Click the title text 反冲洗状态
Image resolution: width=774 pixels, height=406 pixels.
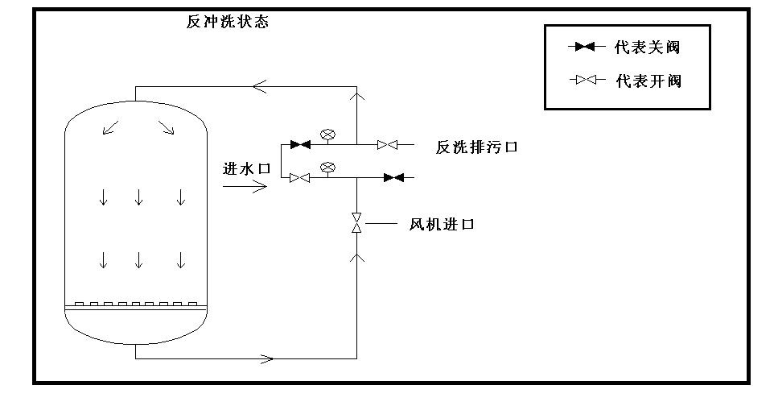pyautogui.click(x=228, y=22)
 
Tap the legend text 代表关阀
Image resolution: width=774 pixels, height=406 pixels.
pyautogui.click(x=647, y=47)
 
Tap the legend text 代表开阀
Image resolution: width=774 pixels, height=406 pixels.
pyautogui.click(x=648, y=81)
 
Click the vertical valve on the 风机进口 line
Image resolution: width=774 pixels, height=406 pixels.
pyautogui.click(x=356, y=223)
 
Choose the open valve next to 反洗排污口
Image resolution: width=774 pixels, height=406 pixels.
pyautogui.click(x=388, y=145)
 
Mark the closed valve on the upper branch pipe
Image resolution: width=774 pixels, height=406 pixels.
pyautogui.click(x=300, y=145)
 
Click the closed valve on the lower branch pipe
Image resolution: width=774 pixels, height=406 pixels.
pyautogui.click(x=393, y=177)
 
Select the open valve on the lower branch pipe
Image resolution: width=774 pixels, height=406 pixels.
pyautogui.click(x=300, y=178)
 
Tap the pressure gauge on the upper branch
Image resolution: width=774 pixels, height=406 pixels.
pyautogui.click(x=327, y=135)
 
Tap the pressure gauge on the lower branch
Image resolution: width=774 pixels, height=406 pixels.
pyautogui.click(x=327, y=168)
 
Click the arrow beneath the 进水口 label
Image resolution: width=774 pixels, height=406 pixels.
pyautogui.click(x=245, y=187)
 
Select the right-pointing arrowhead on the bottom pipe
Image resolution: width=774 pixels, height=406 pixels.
pyautogui.click(x=268, y=358)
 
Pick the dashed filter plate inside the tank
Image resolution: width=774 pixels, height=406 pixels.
pyautogui.click(x=135, y=304)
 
